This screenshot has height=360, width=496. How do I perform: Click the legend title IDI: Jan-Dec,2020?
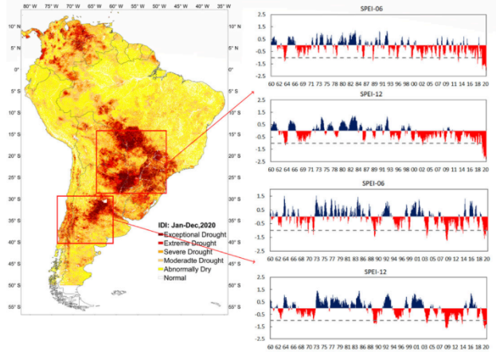pos(191,226)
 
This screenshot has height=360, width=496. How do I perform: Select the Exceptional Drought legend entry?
pos(193,235)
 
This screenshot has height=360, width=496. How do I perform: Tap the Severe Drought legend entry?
pos(186,252)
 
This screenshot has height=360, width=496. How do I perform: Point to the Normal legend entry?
pos(178,278)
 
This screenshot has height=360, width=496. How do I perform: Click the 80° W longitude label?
pos(29,6)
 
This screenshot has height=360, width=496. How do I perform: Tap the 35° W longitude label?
pos(225,6)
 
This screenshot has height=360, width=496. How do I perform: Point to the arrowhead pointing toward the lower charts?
pos(253,260)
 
